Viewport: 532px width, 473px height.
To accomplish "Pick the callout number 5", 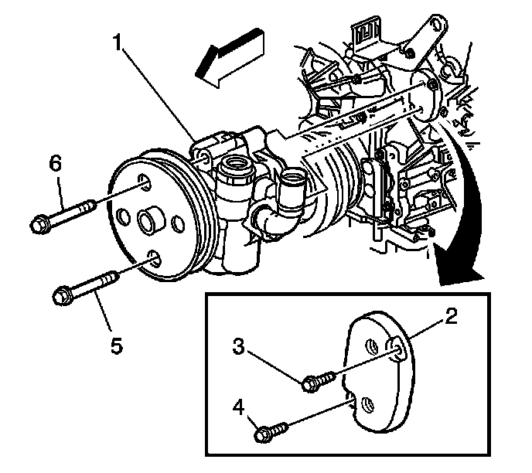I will click(x=115, y=346).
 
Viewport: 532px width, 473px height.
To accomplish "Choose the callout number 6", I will click(x=55, y=163).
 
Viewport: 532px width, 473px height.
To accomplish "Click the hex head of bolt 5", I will click(x=63, y=296).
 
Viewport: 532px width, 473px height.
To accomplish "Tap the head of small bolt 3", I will click(x=312, y=381).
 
